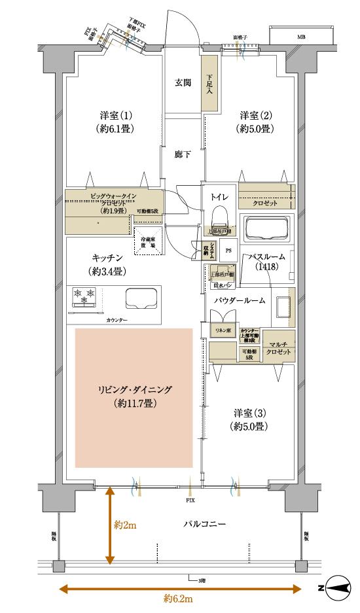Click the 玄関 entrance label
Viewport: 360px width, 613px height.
click(183, 83)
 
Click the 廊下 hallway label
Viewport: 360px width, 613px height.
click(183, 156)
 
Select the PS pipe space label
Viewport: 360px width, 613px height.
click(228, 250)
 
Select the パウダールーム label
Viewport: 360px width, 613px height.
click(240, 300)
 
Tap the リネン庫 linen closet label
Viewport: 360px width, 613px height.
click(224, 332)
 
